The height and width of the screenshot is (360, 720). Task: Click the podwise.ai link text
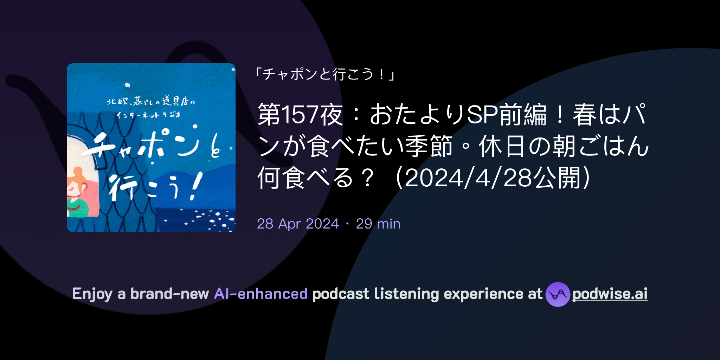[610, 294]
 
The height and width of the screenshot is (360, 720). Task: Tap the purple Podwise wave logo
[558, 294]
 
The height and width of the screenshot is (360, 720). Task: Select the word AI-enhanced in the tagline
[261, 294]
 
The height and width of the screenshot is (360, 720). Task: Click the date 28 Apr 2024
[298, 224]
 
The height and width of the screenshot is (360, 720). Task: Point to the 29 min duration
[378, 224]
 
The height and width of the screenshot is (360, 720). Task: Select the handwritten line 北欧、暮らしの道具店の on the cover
[150, 102]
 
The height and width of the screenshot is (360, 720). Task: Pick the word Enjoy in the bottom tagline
[92, 294]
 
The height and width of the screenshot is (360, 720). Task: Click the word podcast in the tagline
[341, 294]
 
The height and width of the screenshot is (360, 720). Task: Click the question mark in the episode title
[368, 178]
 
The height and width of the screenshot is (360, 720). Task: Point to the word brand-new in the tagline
[169, 294]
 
